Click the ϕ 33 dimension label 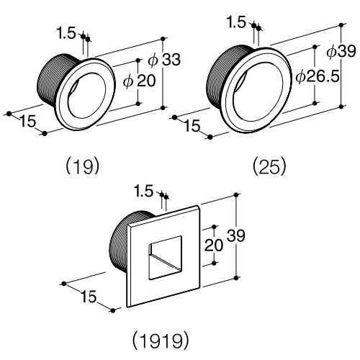tap(164, 59)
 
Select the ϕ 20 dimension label tap(140, 81)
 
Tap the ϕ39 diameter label tap(341, 51)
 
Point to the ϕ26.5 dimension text tap(318, 76)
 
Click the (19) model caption tap(82, 166)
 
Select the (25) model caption tap(269, 166)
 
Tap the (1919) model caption tap(161, 340)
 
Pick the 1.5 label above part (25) tap(237, 22)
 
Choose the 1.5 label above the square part tap(144, 192)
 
